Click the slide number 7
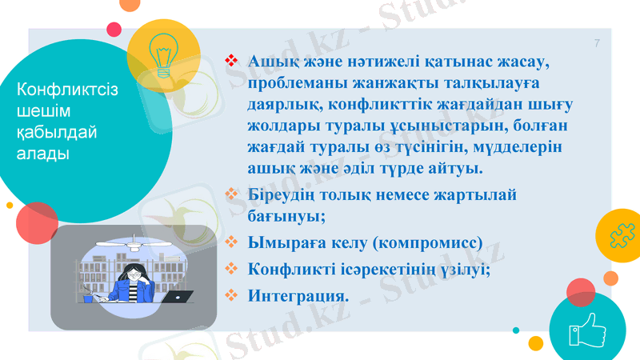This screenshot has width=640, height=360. pyautogui.click(x=597, y=42)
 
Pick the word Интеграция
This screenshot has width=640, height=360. pyautogui.click(x=298, y=295)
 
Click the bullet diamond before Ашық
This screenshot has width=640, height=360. pyautogui.click(x=233, y=60)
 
